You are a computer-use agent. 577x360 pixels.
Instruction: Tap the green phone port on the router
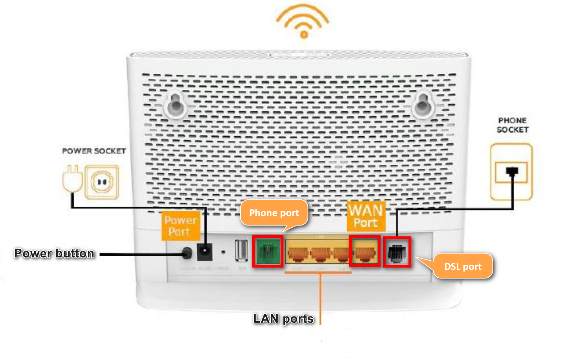(x=267, y=251)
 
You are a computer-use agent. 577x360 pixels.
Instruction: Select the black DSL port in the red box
(x=397, y=252)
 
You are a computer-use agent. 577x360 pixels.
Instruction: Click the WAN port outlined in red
(x=365, y=251)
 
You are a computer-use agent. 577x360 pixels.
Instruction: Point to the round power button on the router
(x=187, y=253)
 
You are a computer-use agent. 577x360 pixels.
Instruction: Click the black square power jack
(x=204, y=252)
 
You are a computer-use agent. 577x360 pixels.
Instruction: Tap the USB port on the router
(x=241, y=250)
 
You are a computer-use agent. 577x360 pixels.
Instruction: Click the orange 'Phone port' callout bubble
(x=274, y=213)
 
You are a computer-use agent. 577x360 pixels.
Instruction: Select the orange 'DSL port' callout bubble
(x=463, y=266)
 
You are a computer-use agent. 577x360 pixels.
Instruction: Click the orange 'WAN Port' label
(x=366, y=216)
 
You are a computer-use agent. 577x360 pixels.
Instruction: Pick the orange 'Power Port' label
(x=180, y=226)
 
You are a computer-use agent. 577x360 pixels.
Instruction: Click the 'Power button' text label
(x=54, y=253)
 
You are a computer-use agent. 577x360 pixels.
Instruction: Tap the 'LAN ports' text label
(x=283, y=319)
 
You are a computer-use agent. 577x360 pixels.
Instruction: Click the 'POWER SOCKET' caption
(x=94, y=151)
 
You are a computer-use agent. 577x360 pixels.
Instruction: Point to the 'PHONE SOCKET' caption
(x=512, y=125)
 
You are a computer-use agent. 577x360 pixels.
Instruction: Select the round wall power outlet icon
(x=102, y=182)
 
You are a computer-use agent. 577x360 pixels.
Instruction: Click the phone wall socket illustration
(x=511, y=172)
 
